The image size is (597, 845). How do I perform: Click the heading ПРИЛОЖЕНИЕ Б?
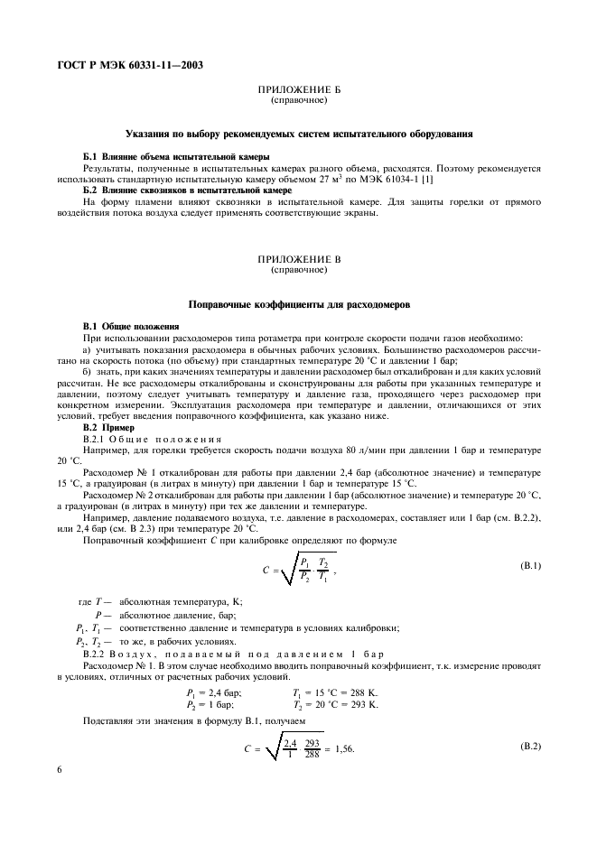coord(298,91)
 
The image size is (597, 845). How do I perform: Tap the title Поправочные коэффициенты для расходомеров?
coord(298,304)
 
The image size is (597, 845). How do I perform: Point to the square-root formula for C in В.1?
coord(291,569)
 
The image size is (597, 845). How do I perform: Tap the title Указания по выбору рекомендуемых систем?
coord(298,134)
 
